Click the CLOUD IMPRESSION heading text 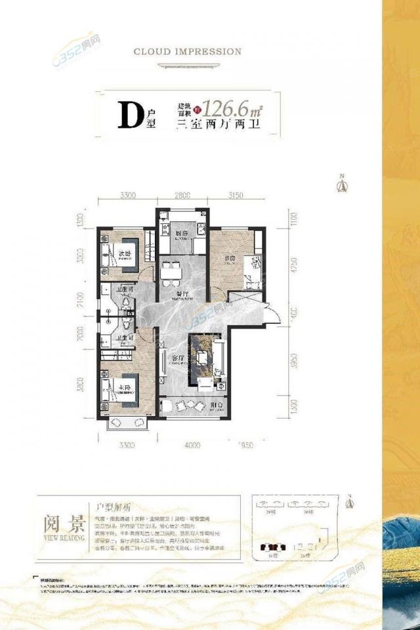tap(187, 51)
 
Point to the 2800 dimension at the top tap(182, 195)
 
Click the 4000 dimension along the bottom tap(192, 446)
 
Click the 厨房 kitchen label tap(182, 234)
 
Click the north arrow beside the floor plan tap(341, 185)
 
